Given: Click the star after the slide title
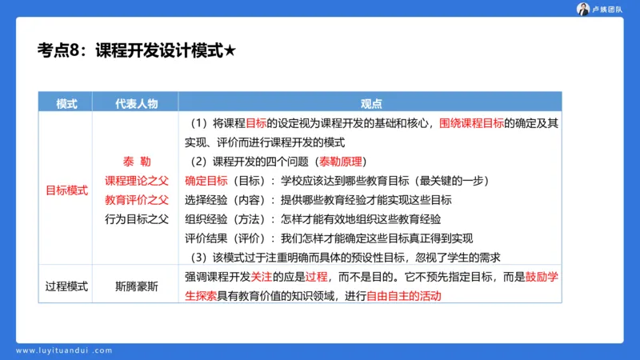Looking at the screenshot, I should [x=230, y=50].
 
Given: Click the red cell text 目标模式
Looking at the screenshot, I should [x=66, y=190].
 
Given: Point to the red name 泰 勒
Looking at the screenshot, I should [x=136, y=161].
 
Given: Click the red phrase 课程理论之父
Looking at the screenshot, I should [x=136, y=180].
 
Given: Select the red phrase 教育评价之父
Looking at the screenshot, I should [x=136, y=199].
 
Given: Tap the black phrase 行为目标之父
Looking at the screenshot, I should [x=136, y=218].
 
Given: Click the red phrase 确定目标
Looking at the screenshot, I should [x=206, y=180].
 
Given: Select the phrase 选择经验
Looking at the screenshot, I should [x=206, y=199].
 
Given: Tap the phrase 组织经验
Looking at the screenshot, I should [x=206, y=218].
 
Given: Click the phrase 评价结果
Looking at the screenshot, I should [x=206, y=238].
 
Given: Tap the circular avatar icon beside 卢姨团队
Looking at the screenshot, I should [x=582, y=9].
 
